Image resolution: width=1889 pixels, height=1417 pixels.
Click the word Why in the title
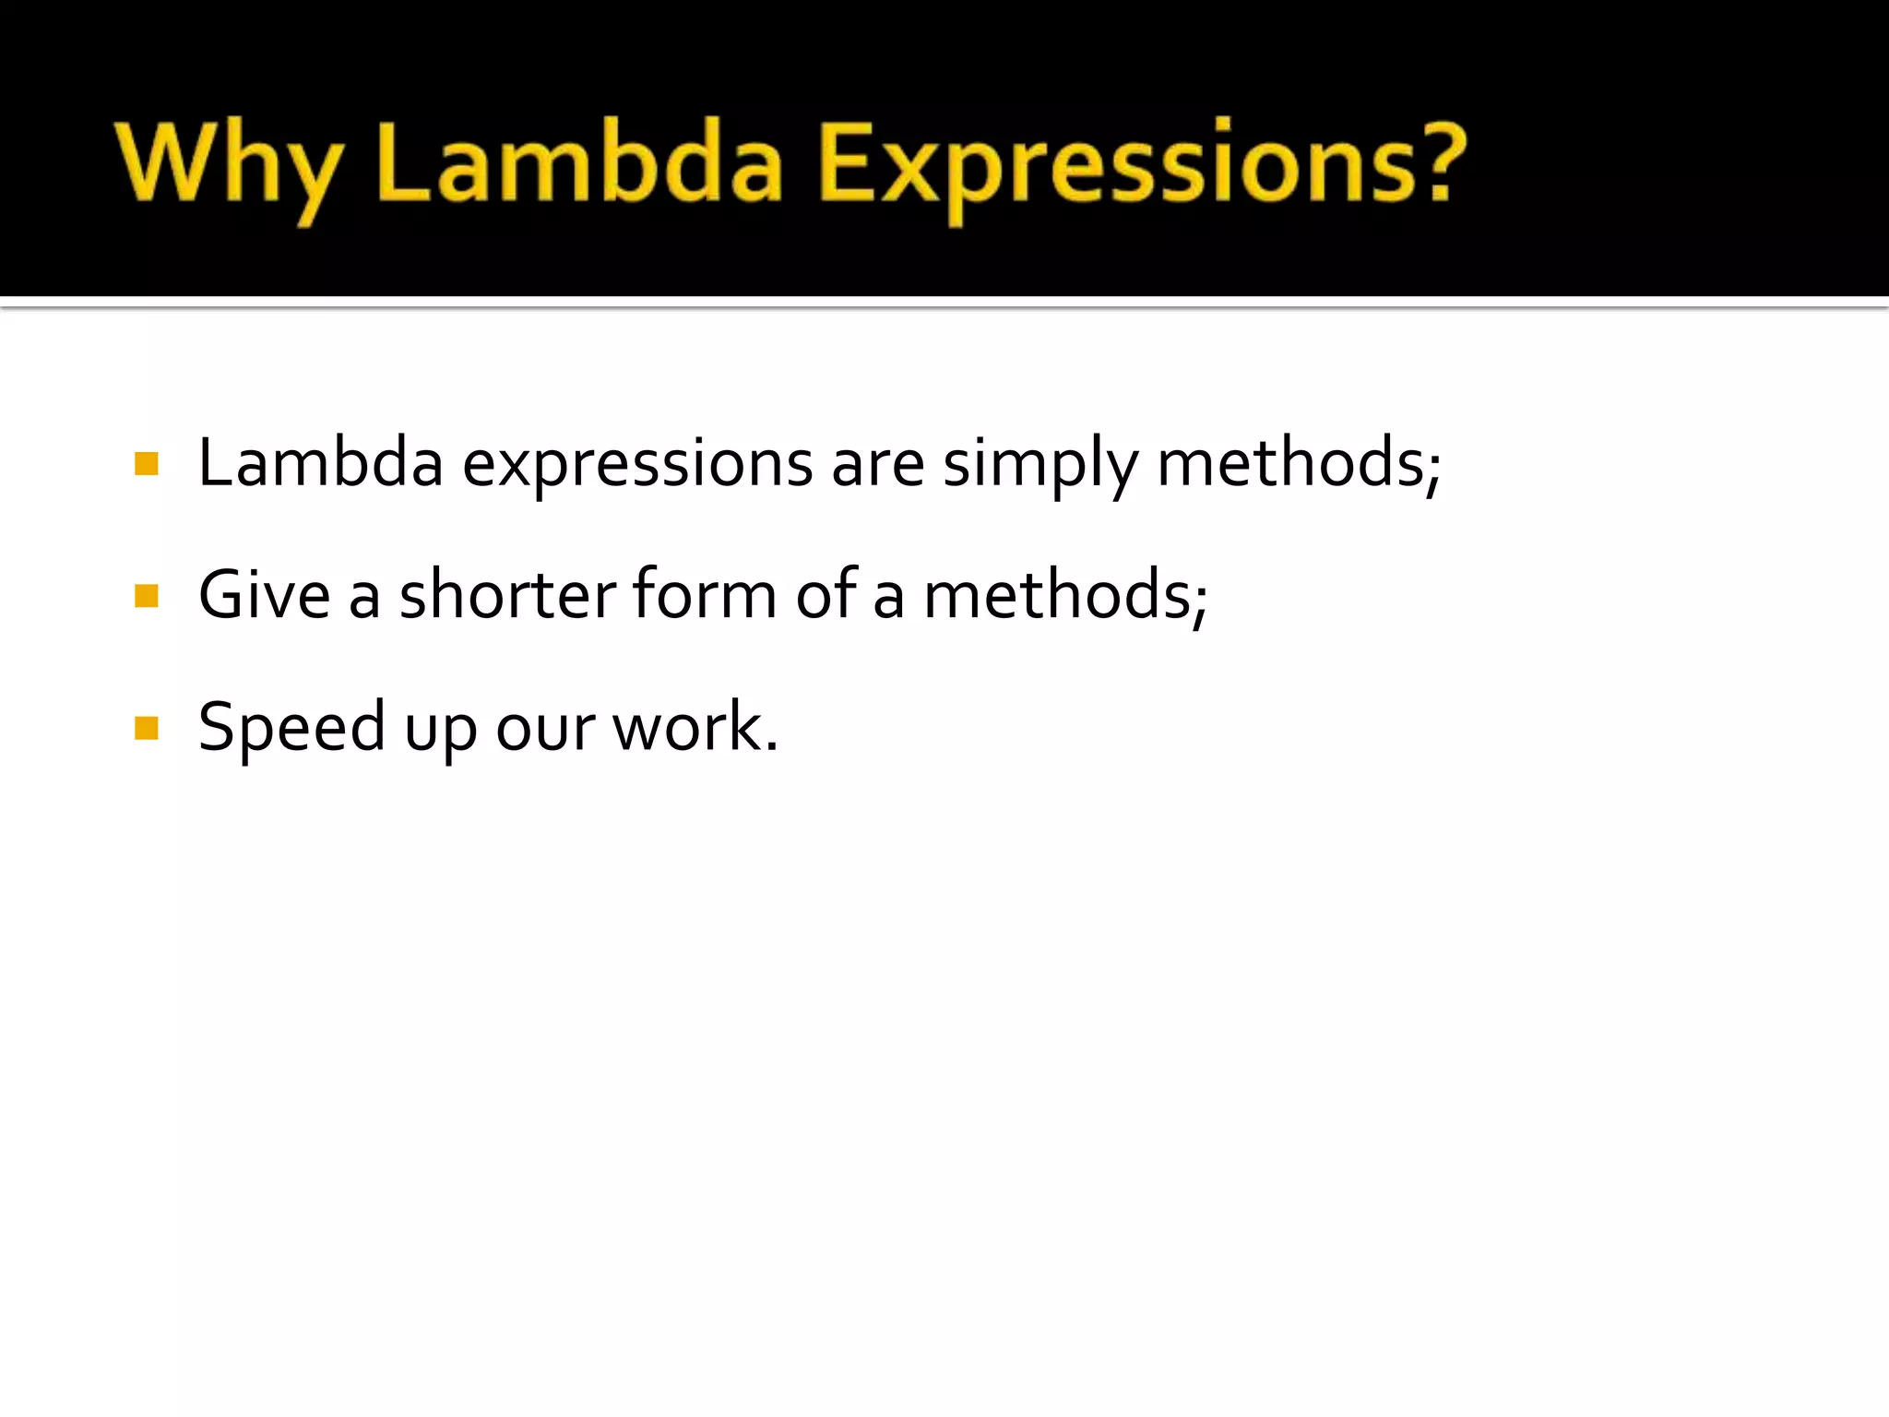[227, 166]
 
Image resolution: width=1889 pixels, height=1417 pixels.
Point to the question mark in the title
[1433, 161]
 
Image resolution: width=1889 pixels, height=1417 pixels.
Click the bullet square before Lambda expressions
[147, 463]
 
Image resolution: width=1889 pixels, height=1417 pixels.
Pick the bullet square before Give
[147, 596]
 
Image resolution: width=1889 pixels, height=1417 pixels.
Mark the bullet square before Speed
[147, 729]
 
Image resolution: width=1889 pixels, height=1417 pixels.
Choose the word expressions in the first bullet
[636, 464]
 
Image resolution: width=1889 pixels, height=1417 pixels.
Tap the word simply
[1040, 464]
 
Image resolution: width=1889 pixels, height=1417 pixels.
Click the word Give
[264, 595]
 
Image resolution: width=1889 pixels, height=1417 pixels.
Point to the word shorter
[507, 595]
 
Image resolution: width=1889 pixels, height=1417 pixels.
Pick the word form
[705, 595]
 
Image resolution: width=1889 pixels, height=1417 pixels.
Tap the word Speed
[291, 729]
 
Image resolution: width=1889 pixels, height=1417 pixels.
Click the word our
[545, 729]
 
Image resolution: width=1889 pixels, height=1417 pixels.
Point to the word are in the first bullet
[877, 464]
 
